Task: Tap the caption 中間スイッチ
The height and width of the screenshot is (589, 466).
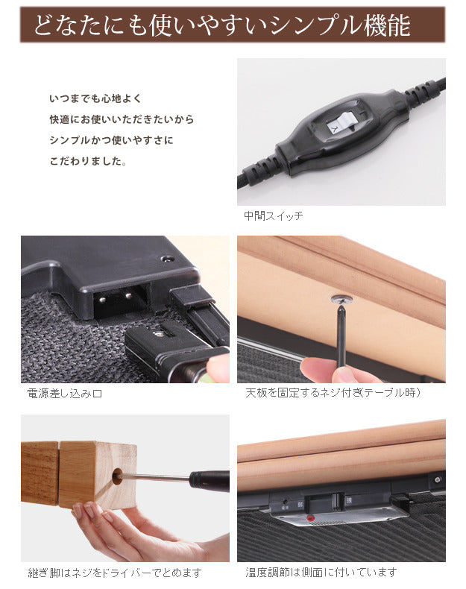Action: tap(273, 215)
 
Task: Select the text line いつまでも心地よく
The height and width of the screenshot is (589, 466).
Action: tap(95, 98)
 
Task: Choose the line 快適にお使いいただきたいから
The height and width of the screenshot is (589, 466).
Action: tap(121, 119)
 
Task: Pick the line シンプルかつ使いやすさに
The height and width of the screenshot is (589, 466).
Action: tap(110, 140)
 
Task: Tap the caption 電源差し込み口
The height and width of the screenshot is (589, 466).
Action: tap(64, 393)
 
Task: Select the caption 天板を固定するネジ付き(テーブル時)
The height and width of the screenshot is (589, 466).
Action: tap(333, 393)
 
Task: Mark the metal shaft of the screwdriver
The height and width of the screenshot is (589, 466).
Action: tap(157, 476)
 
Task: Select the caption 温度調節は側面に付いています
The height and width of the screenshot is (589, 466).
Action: tap(321, 572)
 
